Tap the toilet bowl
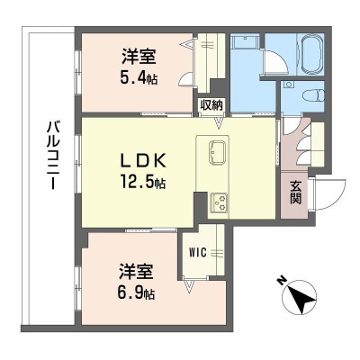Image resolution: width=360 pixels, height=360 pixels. tap(313, 96)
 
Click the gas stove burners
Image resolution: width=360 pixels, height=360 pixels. tap(219, 202)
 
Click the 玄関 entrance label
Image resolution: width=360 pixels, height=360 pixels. tap(295, 193)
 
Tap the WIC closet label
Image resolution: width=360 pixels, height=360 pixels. tap(198, 252)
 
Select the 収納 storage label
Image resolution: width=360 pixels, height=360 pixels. tap(212, 104)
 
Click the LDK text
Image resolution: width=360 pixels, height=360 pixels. tap(143, 161)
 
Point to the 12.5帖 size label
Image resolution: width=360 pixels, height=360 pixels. tap(143, 181)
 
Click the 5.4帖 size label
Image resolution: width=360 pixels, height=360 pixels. tap(139, 77)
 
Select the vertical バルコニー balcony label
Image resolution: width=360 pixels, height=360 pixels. tap(52, 155)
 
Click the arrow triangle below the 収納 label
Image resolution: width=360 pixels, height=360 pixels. tap(219, 123)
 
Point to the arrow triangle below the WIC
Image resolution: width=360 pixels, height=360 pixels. tap(189, 286)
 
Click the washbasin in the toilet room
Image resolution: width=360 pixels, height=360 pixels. tap(289, 85)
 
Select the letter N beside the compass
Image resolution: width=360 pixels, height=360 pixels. tap(281, 282)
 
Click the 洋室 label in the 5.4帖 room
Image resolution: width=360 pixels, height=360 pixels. tap(139, 57)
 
